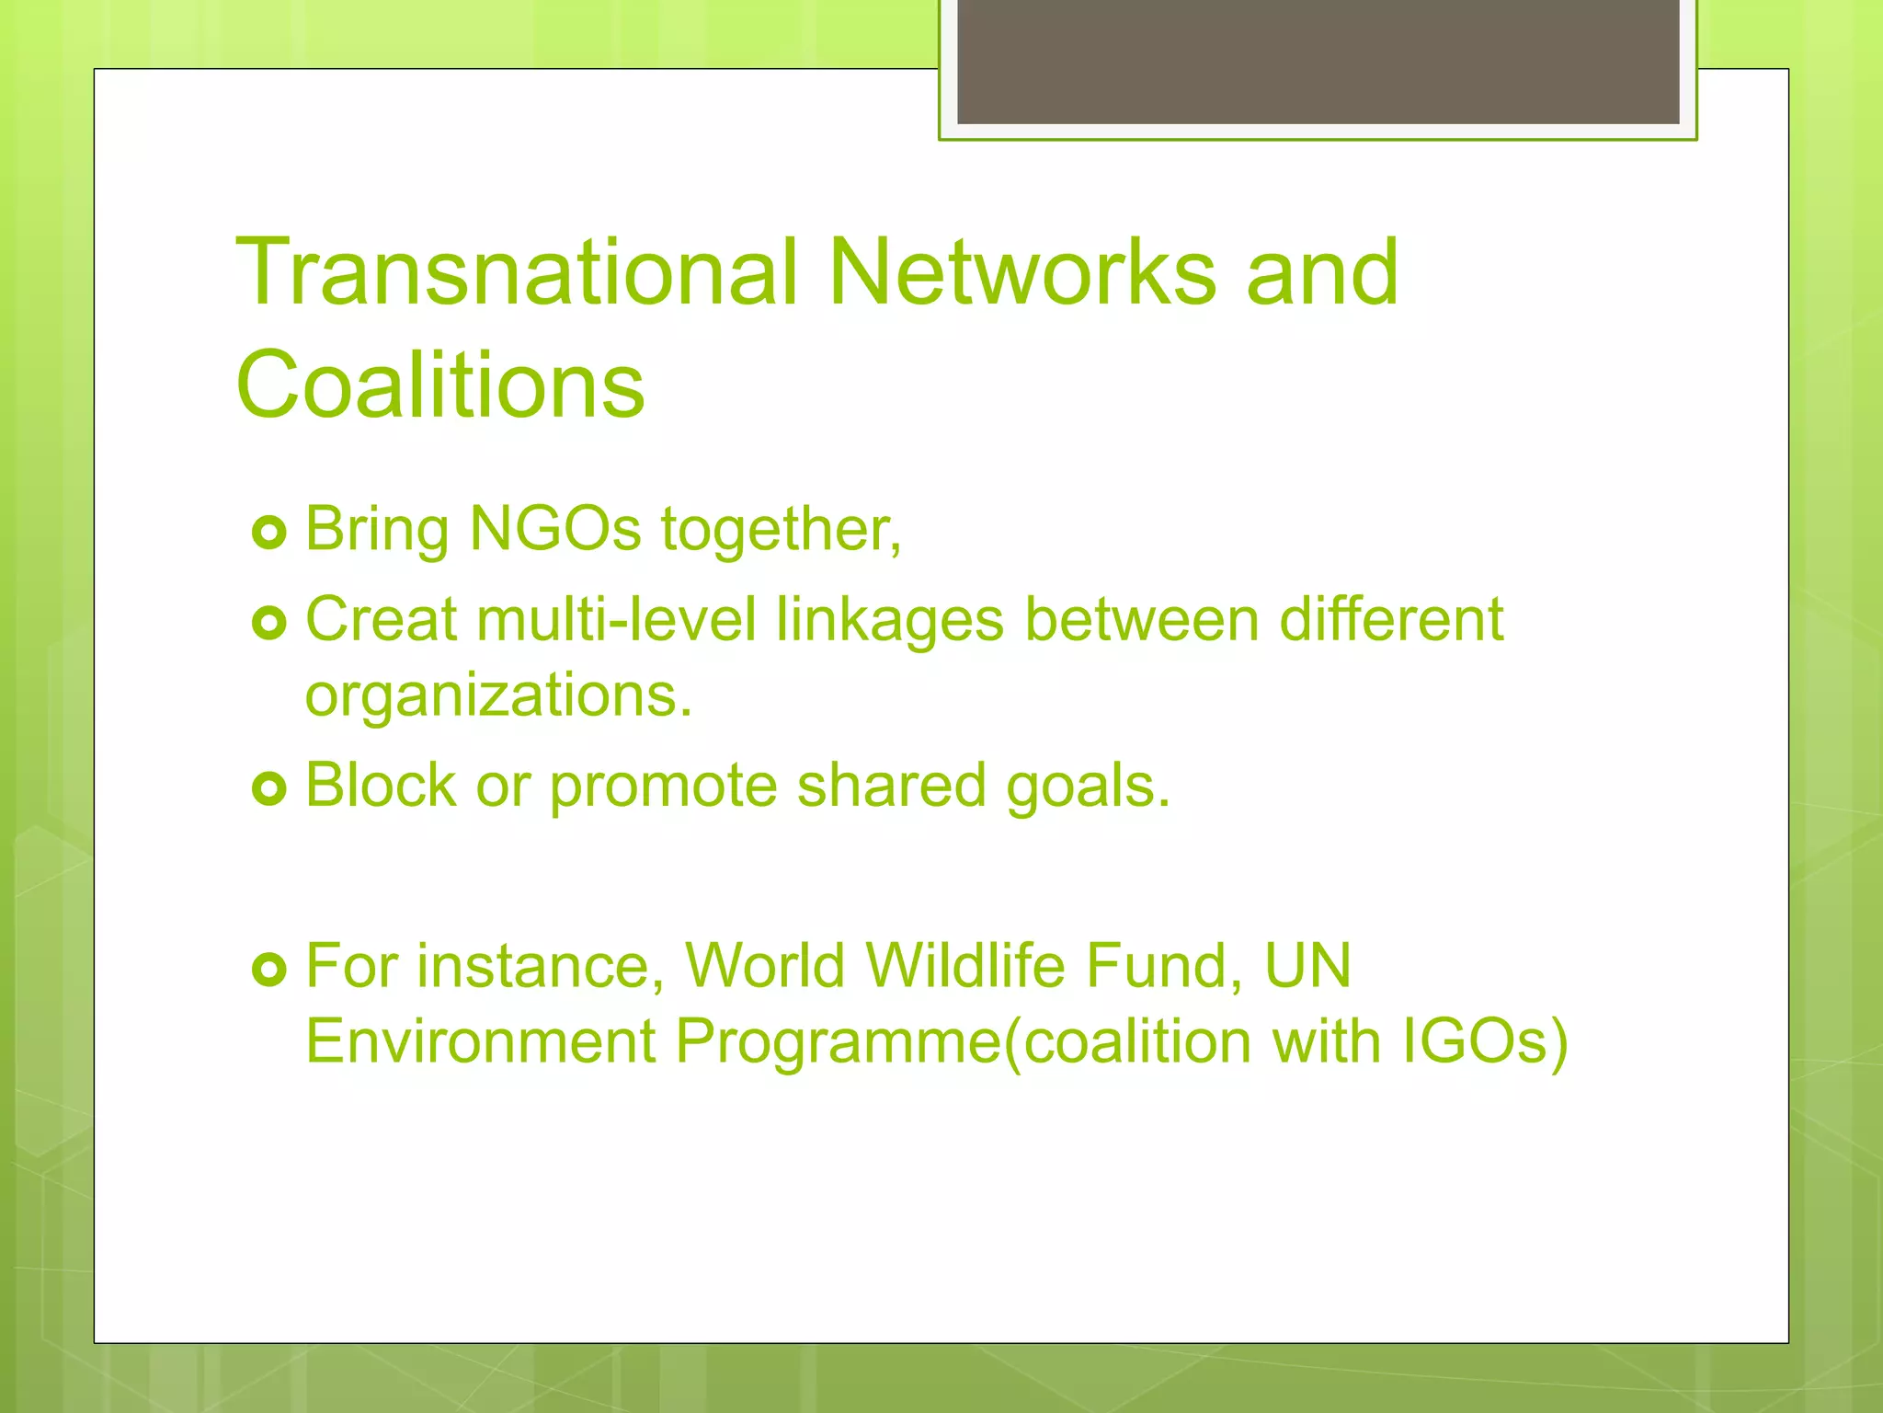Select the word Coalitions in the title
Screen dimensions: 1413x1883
pyautogui.click(x=440, y=385)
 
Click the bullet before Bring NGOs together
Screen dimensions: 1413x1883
pyautogui.click(x=269, y=533)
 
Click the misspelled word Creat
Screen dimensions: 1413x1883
pyautogui.click(x=381, y=619)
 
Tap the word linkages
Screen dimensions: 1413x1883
pyautogui.click(x=889, y=621)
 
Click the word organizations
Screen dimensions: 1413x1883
pyautogui.click(x=497, y=695)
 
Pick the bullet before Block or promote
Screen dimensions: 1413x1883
pyautogui.click(x=269, y=788)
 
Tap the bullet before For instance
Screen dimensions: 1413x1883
pyautogui.click(x=269, y=969)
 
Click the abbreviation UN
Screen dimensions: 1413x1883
pyautogui.click(x=1307, y=966)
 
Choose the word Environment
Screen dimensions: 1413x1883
pyautogui.click(x=480, y=1041)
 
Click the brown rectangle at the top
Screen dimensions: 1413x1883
pyautogui.click(x=1318, y=62)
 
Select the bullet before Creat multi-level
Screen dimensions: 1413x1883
pyautogui.click(x=269, y=624)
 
